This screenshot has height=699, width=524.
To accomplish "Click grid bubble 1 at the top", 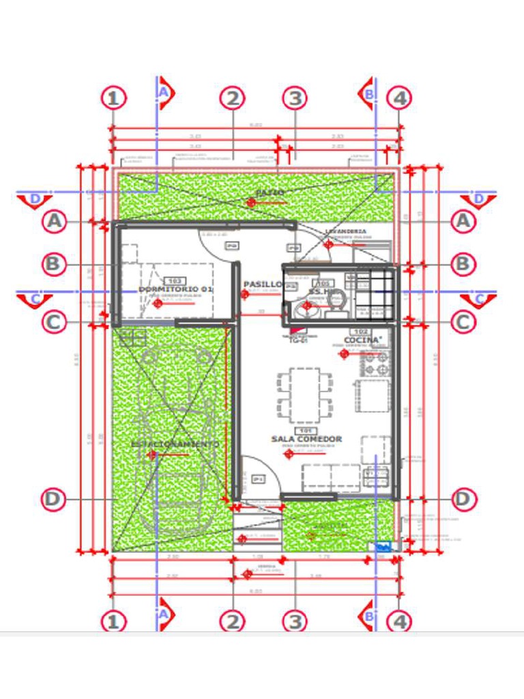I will click(114, 98).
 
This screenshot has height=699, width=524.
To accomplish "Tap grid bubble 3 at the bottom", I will click(295, 622).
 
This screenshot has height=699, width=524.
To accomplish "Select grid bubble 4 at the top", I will click(399, 98).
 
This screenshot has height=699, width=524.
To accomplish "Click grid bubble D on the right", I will click(463, 499).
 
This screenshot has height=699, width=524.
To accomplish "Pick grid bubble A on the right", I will click(463, 221).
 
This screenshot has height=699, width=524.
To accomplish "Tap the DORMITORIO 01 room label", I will click(176, 289).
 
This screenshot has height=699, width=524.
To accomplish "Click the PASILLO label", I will click(262, 284).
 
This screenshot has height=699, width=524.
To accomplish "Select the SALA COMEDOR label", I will click(306, 439).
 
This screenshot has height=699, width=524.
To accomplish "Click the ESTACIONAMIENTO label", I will click(175, 444).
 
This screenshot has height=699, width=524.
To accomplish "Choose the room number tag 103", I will click(175, 281).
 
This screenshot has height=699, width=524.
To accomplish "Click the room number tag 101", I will click(305, 431).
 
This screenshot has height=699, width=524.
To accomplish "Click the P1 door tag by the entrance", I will click(259, 479).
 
